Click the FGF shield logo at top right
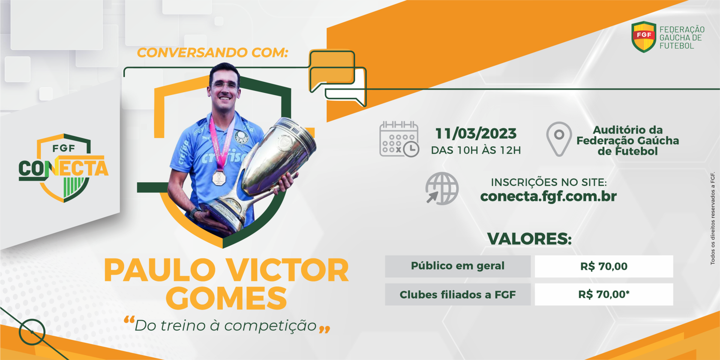tap(643, 37)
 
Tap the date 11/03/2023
tap(476, 133)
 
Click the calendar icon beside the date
tap(399, 139)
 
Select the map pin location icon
tap(559, 139)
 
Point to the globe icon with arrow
tap(442, 188)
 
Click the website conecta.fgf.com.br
tap(548, 196)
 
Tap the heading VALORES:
tap(529, 239)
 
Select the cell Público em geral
tap(457, 266)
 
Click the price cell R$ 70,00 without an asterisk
tap(604, 266)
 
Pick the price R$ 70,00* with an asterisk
tap(604, 294)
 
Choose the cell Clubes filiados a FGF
tap(457, 294)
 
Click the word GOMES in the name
tap(226, 298)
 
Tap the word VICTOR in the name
tap(287, 270)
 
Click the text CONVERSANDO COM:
tap(212, 52)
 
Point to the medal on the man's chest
tap(219, 178)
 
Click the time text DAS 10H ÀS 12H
tap(476, 150)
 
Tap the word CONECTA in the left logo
tap(63, 168)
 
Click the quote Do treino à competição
tap(226, 326)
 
